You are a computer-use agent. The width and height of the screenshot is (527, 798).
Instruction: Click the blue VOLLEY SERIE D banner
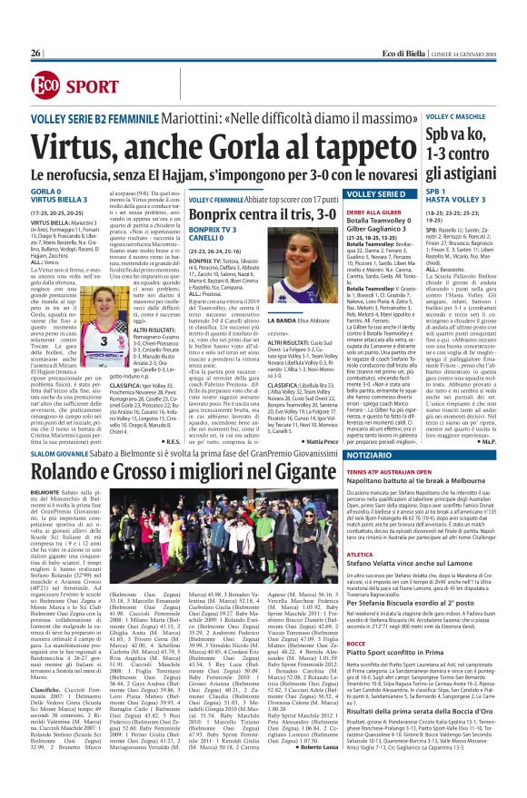pos(346,192)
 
